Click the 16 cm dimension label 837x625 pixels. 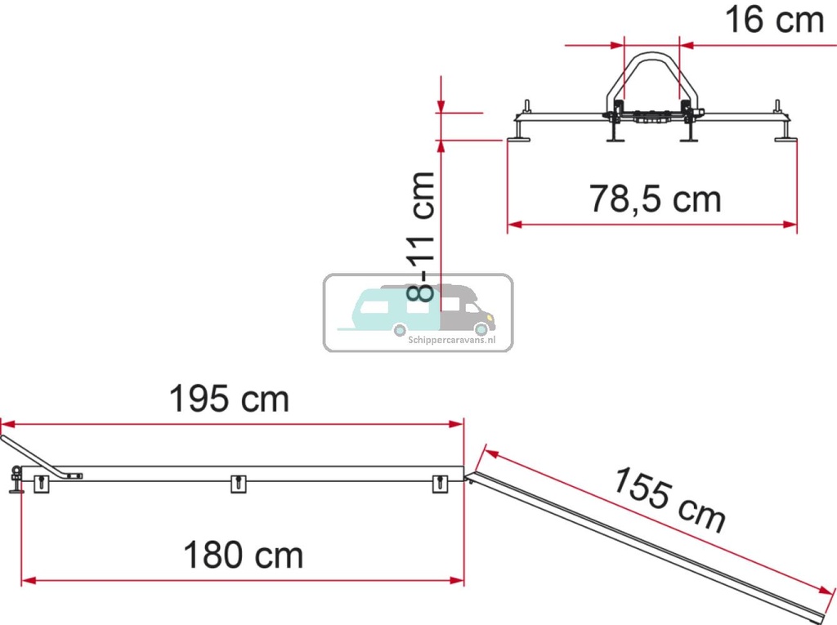click(775, 20)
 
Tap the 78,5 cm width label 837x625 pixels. click(656, 199)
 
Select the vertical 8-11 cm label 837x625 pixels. click(423, 237)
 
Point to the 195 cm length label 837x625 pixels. click(229, 400)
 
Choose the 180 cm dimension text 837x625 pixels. click(243, 556)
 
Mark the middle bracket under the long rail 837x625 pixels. click(238, 484)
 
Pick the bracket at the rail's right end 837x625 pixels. click(441, 484)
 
